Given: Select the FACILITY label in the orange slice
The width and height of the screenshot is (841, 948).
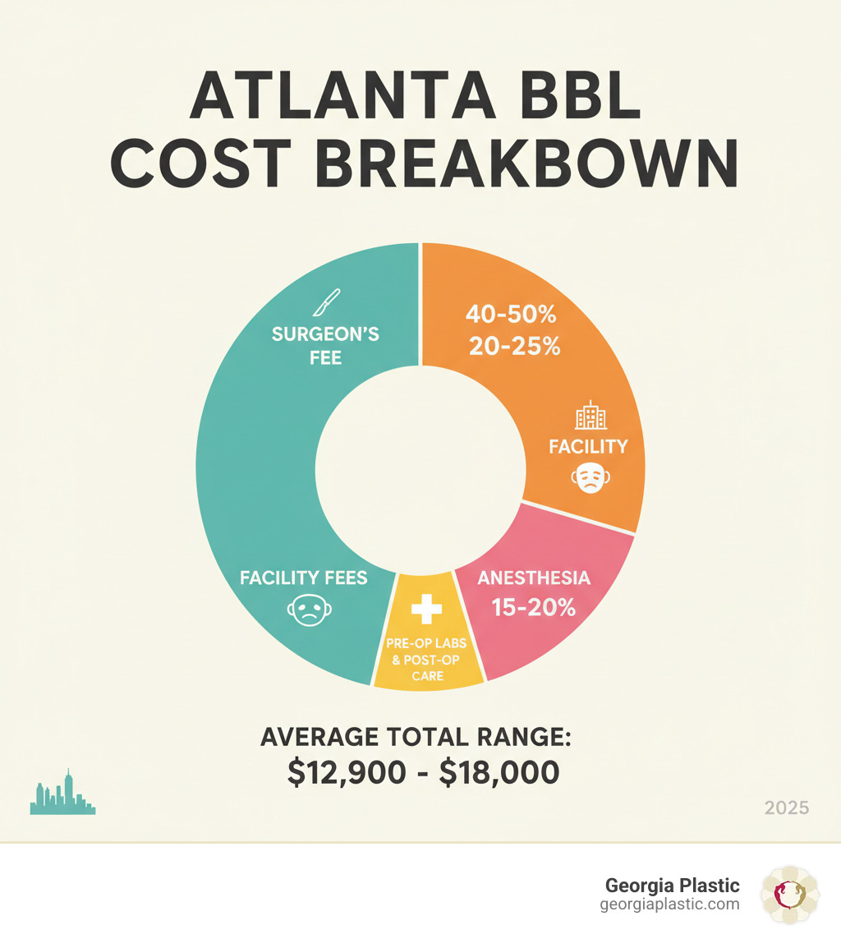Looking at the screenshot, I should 588,447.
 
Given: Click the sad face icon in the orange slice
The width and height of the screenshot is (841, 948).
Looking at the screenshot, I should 588,477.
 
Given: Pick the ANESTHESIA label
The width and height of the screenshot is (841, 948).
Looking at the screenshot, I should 533,578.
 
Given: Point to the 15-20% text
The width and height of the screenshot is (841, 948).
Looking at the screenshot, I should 533,609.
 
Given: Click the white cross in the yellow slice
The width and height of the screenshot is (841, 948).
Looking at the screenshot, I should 426,609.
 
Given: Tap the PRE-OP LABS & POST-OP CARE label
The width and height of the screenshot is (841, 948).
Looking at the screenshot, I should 426,660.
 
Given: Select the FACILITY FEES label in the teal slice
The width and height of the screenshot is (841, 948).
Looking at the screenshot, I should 304,578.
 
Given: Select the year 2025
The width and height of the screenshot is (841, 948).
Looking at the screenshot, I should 786,808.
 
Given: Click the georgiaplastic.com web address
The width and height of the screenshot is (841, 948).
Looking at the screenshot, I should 670,904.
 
